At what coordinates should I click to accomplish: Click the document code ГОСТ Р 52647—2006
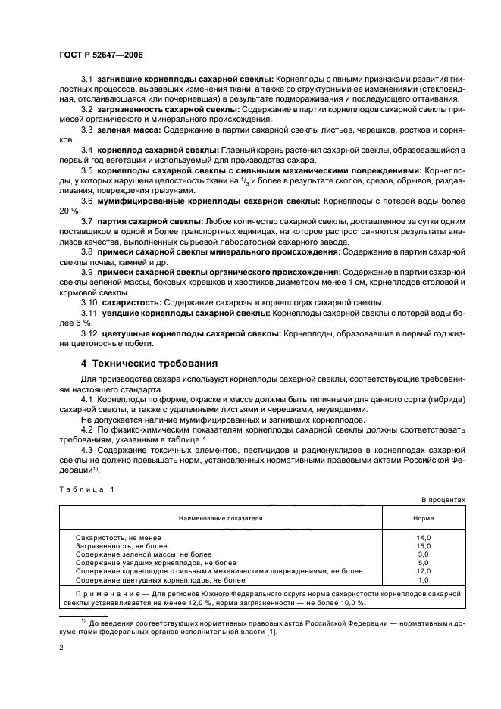tap(100, 55)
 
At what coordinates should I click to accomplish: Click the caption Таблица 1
tap(86, 489)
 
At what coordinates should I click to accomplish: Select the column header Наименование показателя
tap(221, 519)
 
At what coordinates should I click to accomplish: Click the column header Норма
tap(423, 519)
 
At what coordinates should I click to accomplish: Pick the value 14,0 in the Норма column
tap(423, 537)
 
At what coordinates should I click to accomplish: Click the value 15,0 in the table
tap(423, 545)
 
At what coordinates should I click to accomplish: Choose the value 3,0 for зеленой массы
tap(423, 554)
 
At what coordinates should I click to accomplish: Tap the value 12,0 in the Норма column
tap(423, 571)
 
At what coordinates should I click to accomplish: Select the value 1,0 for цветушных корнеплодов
tap(423, 579)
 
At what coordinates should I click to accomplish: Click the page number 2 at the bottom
tap(61, 649)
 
